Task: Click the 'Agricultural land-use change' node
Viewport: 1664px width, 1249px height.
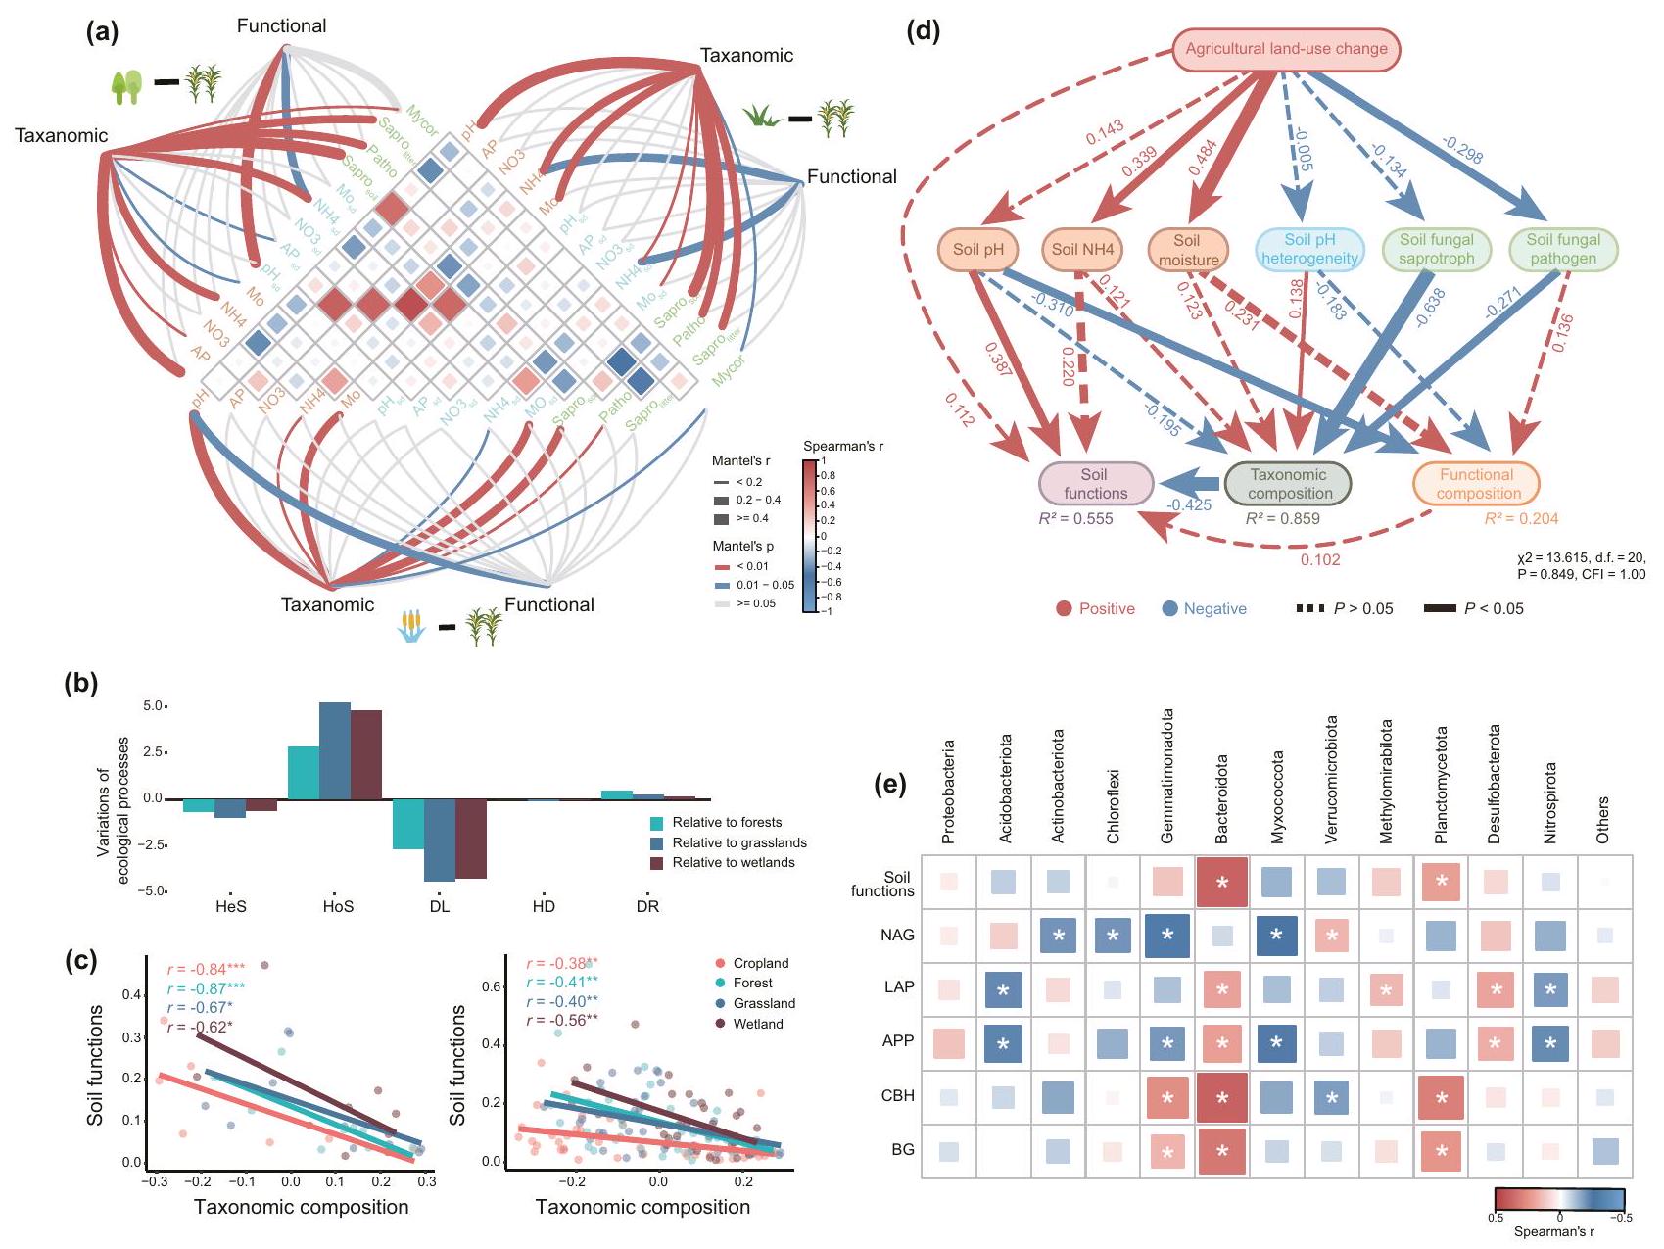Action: [1286, 49]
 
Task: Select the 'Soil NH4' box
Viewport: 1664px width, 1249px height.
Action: [1082, 250]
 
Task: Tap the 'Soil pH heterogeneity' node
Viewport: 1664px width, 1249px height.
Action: [1309, 250]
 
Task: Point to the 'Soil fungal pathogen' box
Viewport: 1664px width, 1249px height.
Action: [1562, 250]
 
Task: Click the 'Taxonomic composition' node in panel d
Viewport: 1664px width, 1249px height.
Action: [1289, 484]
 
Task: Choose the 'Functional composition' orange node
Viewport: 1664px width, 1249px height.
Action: [1477, 484]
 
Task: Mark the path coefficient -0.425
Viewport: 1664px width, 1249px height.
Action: [1188, 505]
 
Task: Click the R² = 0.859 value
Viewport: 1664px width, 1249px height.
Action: [1282, 519]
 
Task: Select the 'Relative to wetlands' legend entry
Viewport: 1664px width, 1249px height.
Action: [733, 863]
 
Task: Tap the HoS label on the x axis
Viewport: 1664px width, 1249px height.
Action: [338, 907]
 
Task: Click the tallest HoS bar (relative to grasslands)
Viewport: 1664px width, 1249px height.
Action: [335, 750]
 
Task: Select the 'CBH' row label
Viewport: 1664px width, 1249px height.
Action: [897, 1096]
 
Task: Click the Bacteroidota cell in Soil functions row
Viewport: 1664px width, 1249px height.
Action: [1222, 883]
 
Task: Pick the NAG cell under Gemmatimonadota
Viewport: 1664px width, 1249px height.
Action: [1166, 936]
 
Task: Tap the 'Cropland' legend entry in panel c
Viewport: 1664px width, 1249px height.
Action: [760, 963]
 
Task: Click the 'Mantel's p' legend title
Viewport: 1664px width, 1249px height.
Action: [742, 547]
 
